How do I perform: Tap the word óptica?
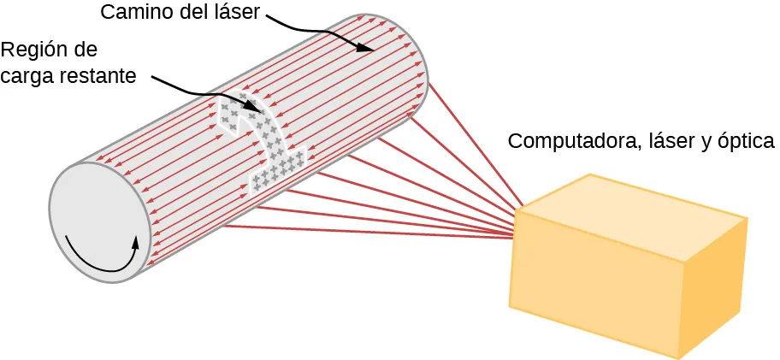pyautogui.click(x=746, y=141)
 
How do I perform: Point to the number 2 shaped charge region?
pyautogui.click(x=264, y=141)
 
